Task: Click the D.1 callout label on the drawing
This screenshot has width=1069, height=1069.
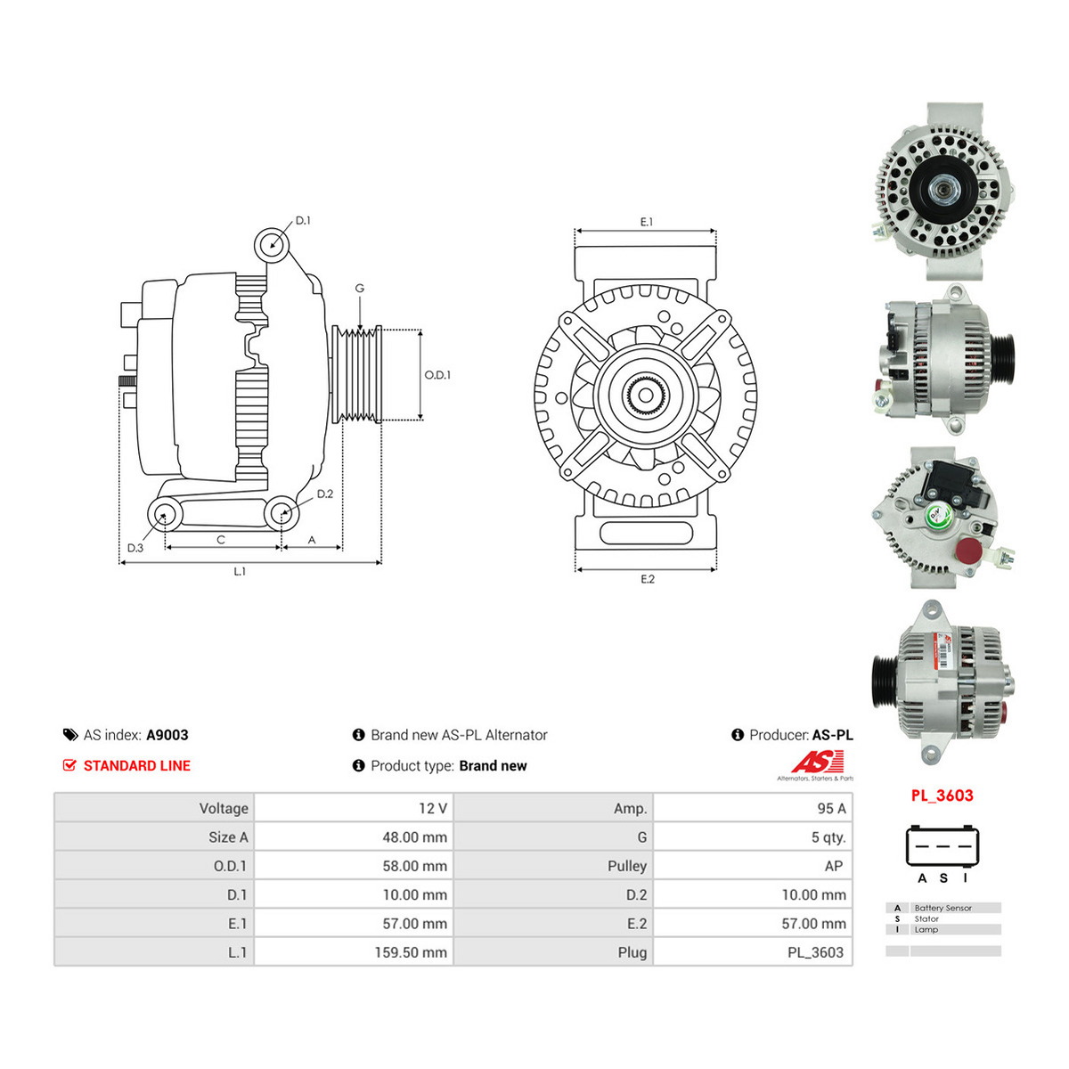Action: click(302, 221)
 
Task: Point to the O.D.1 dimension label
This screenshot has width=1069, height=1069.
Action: click(437, 375)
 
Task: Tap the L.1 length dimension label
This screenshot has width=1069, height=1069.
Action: click(240, 571)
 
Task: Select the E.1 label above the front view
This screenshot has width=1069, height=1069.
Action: click(646, 222)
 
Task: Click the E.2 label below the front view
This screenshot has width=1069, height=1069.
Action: click(648, 579)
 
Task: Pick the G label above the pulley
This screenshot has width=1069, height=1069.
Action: click(360, 288)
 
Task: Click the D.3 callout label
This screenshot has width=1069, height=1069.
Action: click(135, 548)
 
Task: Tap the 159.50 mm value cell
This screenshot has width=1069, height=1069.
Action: click(411, 952)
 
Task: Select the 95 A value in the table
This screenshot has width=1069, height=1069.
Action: click(831, 808)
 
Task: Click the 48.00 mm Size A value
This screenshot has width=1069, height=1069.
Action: click(414, 837)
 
